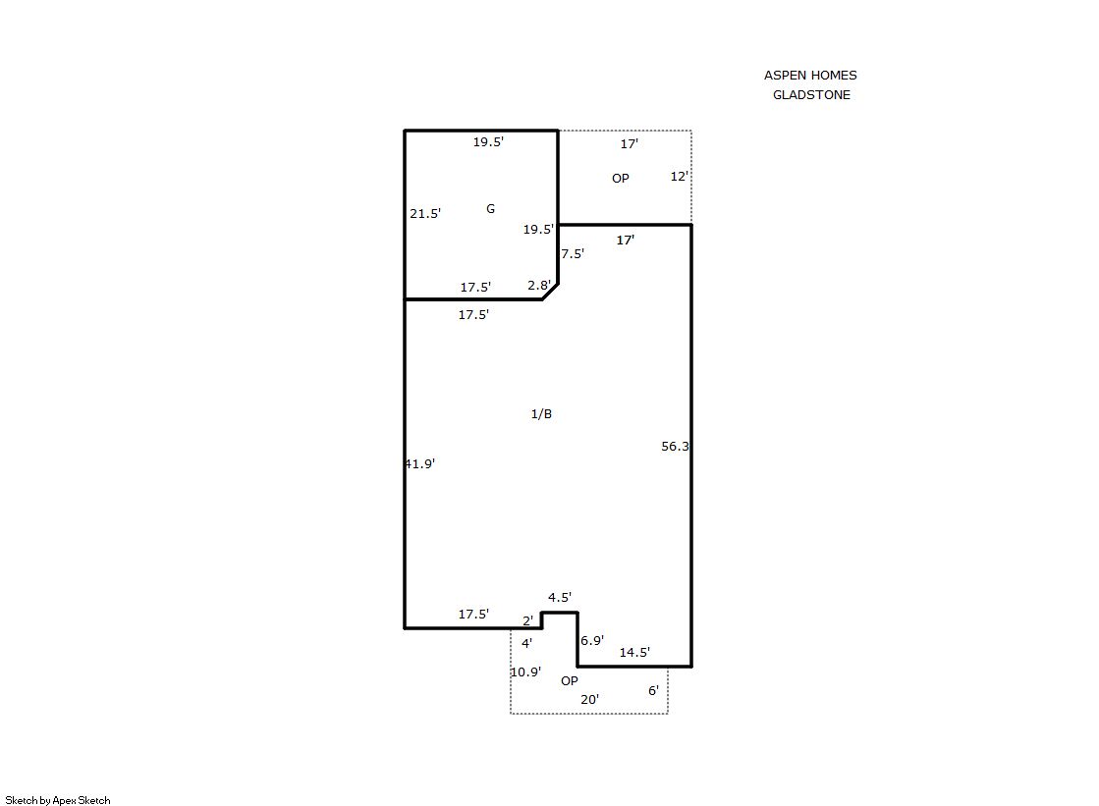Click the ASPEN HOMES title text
(810, 75)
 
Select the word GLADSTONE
(811, 94)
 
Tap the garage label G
(491, 209)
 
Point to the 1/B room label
(541, 414)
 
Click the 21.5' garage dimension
(425, 214)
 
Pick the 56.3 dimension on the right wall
(675, 447)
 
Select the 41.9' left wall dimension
(419, 464)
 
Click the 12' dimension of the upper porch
(680, 177)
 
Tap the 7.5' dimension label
(573, 253)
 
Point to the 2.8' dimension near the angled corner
(539, 286)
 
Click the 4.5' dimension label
(559, 597)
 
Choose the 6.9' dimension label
(592, 641)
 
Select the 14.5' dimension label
(634, 653)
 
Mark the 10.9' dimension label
(525, 672)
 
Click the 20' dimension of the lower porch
(589, 699)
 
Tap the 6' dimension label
(653, 691)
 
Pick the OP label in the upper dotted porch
(621, 179)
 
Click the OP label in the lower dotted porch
(569, 681)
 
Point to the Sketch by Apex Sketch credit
(58, 800)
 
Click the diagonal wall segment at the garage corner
(550, 292)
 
